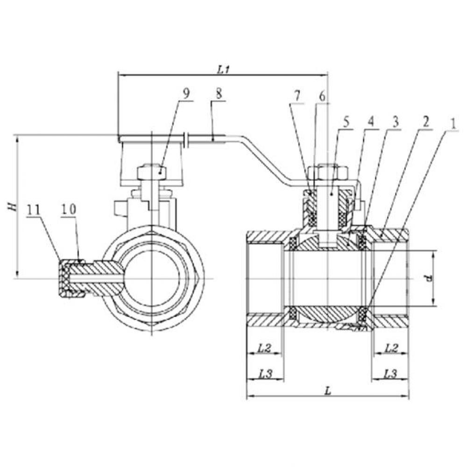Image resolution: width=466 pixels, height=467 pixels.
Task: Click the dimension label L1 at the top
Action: (x=222, y=69)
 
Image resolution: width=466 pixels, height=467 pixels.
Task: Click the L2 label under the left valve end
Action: (x=264, y=348)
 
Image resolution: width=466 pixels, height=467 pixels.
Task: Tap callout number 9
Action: (x=186, y=92)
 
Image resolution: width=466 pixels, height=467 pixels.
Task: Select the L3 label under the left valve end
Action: (x=264, y=373)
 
